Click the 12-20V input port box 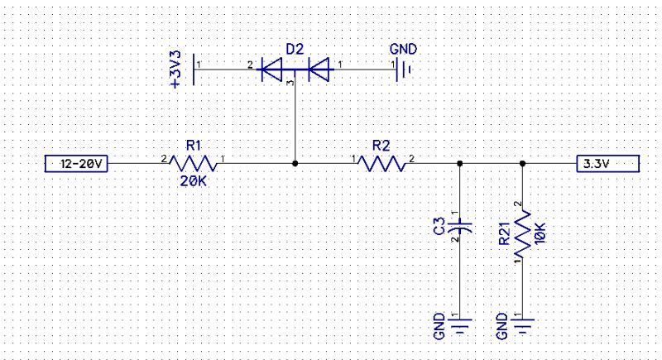pyautogui.click(x=76, y=164)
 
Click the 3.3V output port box pyautogui.click(x=607, y=164)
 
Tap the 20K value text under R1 pyautogui.click(x=194, y=181)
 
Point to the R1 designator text pyautogui.click(x=194, y=145)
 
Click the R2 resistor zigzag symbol pyautogui.click(x=381, y=164)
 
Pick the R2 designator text pyautogui.click(x=381, y=145)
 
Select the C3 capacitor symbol pyautogui.click(x=459, y=224)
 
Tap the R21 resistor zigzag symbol pyautogui.click(x=522, y=233)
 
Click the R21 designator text pyautogui.click(x=504, y=234)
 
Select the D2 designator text pyautogui.click(x=295, y=50)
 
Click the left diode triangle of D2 pyautogui.click(x=273, y=70)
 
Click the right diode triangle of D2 pyautogui.click(x=319, y=70)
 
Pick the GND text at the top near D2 pyautogui.click(x=401, y=50)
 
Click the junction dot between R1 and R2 pyautogui.click(x=295, y=164)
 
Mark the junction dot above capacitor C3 pyautogui.click(x=459, y=164)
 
